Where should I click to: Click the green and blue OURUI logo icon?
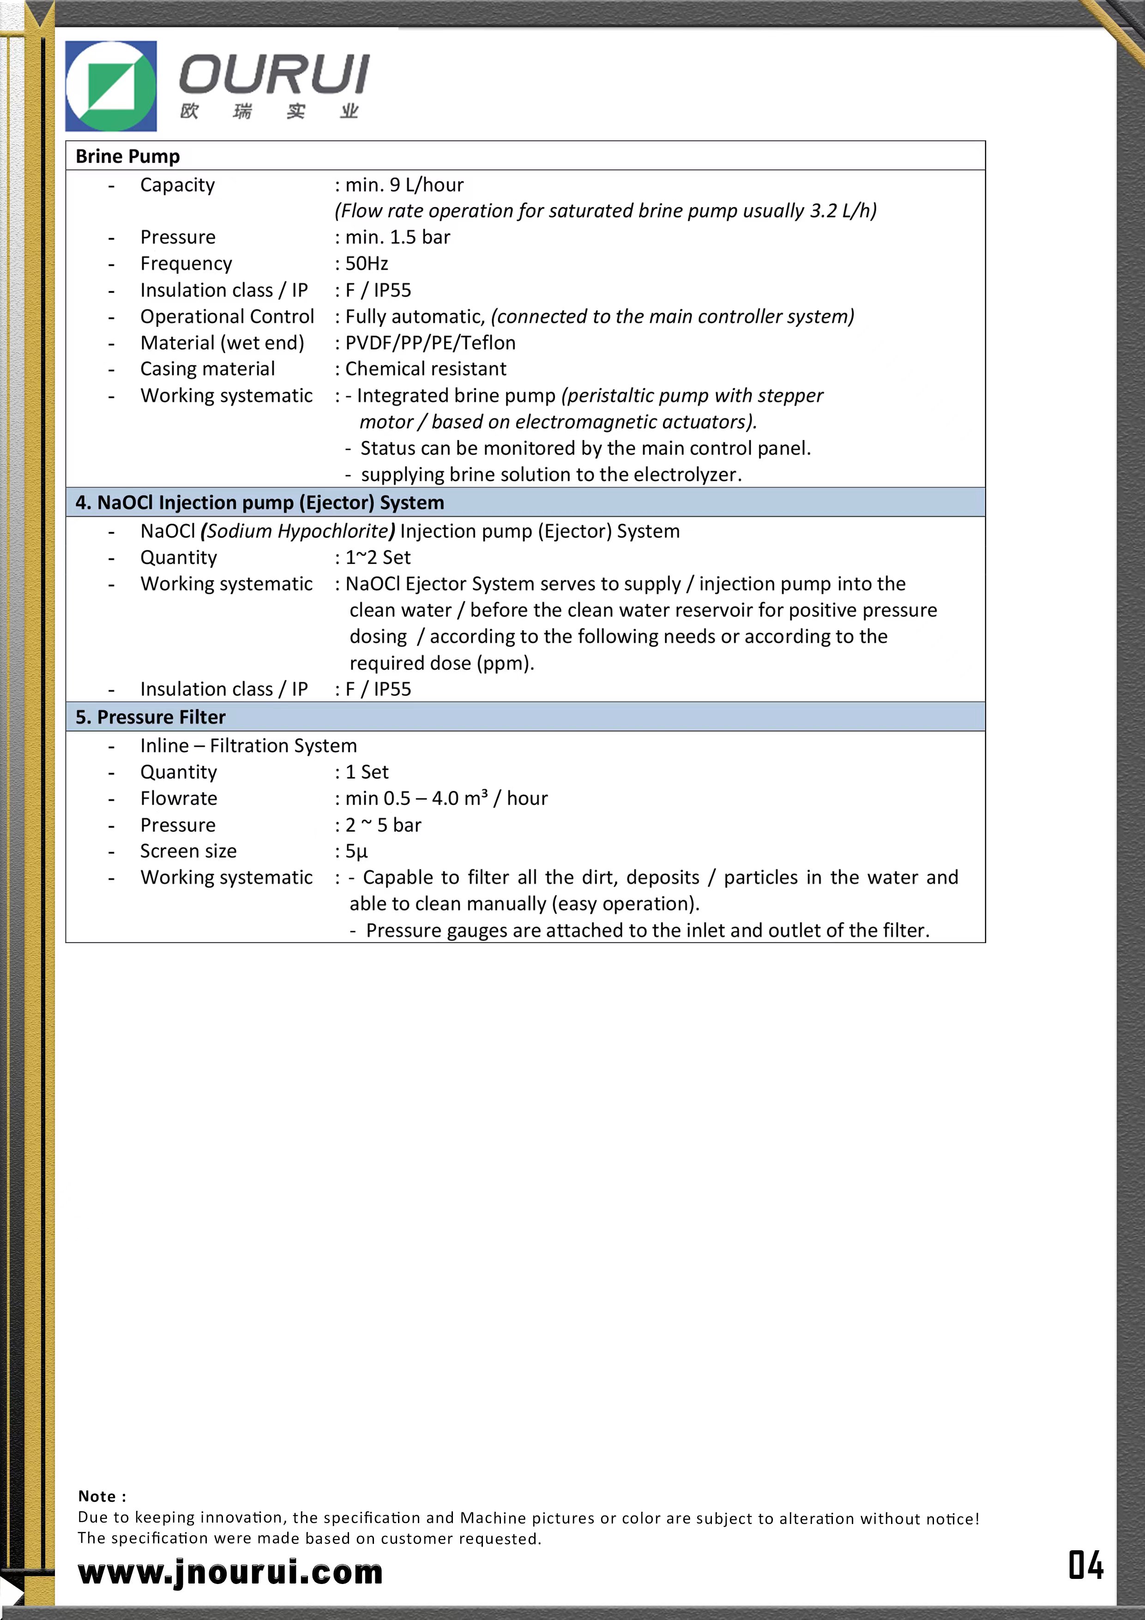[x=111, y=86]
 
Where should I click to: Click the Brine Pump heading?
[x=128, y=156]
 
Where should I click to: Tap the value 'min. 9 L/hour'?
[x=404, y=185]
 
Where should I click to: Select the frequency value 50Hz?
[x=367, y=264]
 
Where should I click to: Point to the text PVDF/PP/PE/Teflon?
[x=430, y=343]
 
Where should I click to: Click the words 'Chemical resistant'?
[x=425, y=369]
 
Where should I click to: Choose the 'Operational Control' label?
[x=227, y=317]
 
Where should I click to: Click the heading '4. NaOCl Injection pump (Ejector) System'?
[x=259, y=502]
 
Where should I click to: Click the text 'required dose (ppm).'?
[x=442, y=663]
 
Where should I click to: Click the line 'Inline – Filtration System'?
[x=248, y=746]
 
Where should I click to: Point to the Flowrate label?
[x=179, y=799]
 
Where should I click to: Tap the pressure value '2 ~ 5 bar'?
[x=383, y=825]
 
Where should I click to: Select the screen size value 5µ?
[x=357, y=852]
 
